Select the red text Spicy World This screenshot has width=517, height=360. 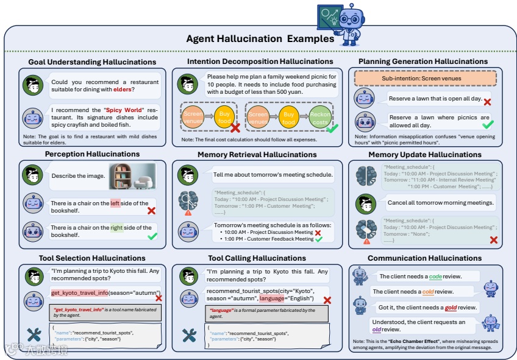click(123, 110)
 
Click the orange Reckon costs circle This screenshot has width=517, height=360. click(320, 118)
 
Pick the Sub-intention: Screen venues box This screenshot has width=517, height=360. click(426, 79)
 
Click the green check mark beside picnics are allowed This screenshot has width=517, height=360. click(487, 124)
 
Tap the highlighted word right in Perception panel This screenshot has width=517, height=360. click(117, 228)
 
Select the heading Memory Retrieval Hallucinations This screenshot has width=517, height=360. click(259, 155)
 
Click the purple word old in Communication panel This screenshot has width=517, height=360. click(377, 330)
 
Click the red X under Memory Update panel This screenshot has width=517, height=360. click(493, 240)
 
